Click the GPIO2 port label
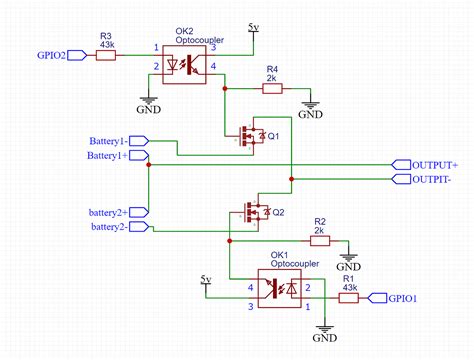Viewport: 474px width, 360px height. point(50,56)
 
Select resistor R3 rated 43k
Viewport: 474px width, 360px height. point(107,56)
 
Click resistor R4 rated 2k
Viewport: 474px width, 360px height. point(272,88)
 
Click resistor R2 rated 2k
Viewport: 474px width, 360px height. point(319,240)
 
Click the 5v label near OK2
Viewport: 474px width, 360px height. point(256,23)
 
